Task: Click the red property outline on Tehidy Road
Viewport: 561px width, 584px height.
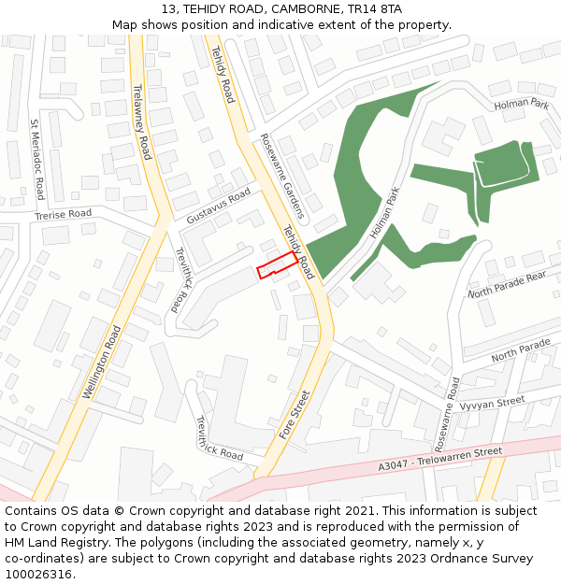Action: coord(278,266)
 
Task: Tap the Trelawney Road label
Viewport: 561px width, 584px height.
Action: coord(142,121)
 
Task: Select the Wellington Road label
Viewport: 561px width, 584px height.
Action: coord(102,363)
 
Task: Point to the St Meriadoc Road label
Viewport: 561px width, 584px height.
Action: coord(36,160)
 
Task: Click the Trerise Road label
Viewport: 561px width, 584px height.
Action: coord(63,214)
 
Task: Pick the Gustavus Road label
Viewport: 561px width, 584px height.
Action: coord(219,205)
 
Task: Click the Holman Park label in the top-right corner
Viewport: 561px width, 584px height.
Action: coord(522,104)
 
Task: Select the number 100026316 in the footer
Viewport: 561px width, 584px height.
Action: coord(36,575)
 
